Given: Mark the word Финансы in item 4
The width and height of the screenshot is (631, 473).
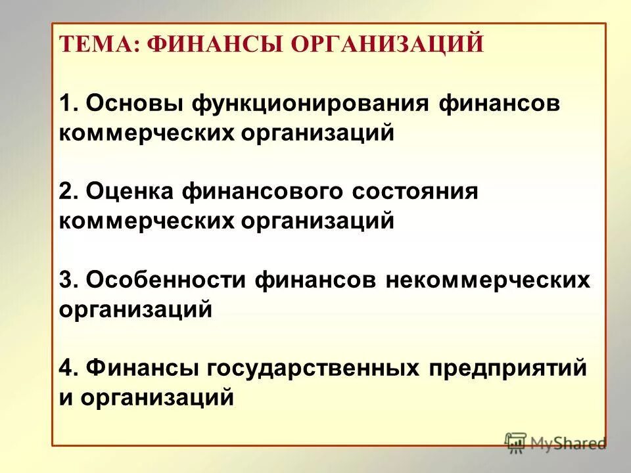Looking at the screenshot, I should tap(143, 369).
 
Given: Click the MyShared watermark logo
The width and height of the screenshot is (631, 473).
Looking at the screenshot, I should tap(555, 442).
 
